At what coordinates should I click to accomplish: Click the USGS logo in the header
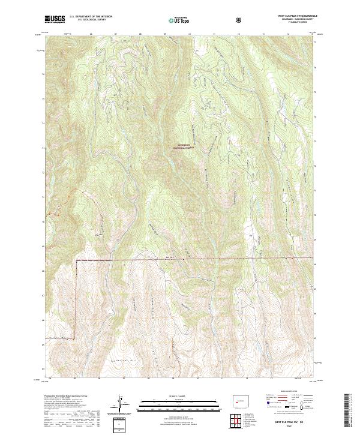coord(55,20)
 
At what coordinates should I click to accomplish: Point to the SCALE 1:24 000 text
coord(172,397)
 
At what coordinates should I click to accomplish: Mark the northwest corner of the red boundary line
coord(76,260)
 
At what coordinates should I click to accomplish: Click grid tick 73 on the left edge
coord(44,148)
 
